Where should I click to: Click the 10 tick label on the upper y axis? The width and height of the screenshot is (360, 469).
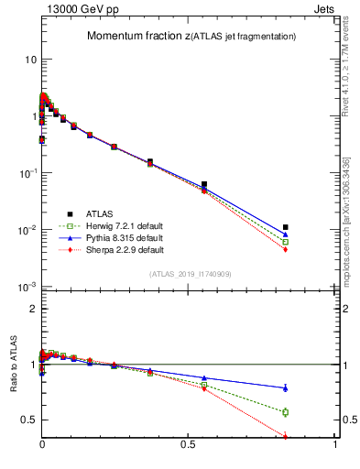click(27, 60)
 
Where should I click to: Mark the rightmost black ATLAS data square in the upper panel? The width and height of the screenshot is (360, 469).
click(286, 227)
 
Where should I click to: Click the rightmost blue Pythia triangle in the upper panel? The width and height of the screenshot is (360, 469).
click(286, 234)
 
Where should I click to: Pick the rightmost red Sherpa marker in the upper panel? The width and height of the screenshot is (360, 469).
click(286, 249)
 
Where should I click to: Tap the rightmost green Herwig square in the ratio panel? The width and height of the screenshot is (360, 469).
click(286, 412)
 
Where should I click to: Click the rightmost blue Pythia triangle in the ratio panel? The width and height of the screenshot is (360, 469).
click(286, 387)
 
